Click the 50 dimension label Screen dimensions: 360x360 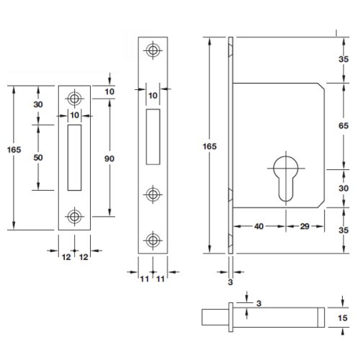(x=39, y=157)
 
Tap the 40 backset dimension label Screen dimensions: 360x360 (x=258, y=226)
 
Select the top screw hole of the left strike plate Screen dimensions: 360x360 (x=73, y=99)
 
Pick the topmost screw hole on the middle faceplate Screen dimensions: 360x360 (x=152, y=50)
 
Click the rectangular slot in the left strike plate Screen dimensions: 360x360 (x=73, y=157)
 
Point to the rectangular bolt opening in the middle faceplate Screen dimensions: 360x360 (x=152, y=135)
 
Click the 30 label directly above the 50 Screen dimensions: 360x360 (x=39, y=104)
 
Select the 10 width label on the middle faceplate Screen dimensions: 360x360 (x=152, y=94)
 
